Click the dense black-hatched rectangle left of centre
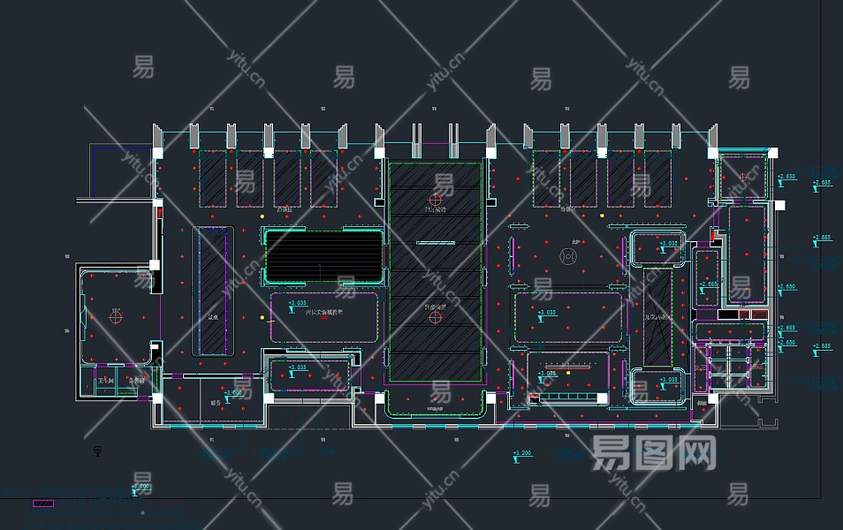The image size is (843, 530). click(x=323, y=255)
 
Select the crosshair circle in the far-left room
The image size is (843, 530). click(x=115, y=314)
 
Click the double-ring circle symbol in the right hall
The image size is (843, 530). click(x=569, y=256)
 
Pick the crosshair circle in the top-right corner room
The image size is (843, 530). click(x=742, y=177)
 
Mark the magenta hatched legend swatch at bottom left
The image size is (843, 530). click(x=42, y=503)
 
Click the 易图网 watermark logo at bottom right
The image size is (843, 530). click(x=654, y=453)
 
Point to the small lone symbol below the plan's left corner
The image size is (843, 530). click(x=97, y=452)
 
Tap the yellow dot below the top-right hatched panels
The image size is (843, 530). click(x=602, y=215)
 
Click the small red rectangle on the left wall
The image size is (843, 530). click(x=159, y=212)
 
